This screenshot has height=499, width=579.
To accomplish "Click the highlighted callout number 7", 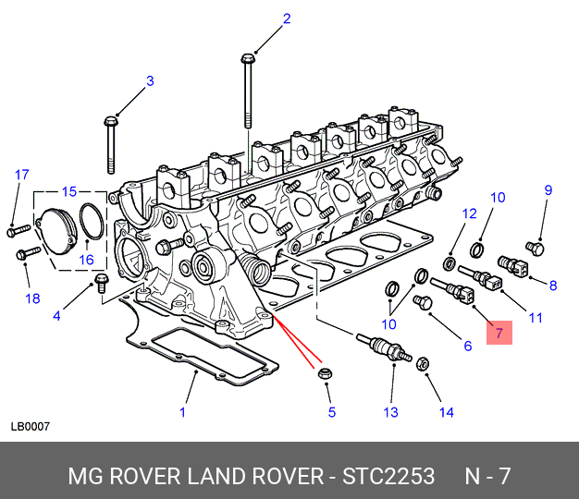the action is click(x=499, y=333).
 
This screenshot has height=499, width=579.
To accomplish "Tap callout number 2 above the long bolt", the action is click(x=287, y=18).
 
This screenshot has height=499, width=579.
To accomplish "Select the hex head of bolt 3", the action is click(x=110, y=121).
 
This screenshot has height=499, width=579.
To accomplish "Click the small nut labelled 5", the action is click(x=325, y=373).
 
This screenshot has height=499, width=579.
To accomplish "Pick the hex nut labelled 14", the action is click(x=423, y=364).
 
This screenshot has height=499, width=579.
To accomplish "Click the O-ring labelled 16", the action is click(x=92, y=221).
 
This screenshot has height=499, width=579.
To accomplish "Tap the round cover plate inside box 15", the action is click(x=57, y=231).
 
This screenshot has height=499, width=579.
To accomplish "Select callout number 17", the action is click(x=22, y=175).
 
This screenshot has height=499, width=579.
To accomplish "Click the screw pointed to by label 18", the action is click(x=29, y=253).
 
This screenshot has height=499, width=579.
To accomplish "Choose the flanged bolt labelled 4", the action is click(x=101, y=283).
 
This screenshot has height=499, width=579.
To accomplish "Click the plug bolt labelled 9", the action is click(x=535, y=249).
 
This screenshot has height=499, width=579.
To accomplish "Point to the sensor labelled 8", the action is click(x=512, y=266).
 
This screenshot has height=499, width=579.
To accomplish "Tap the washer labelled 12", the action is click(x=450, y=263).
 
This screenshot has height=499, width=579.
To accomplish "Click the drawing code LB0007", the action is click(x=30, y=427).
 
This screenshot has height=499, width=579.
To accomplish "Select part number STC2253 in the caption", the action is click(x=388, y=476).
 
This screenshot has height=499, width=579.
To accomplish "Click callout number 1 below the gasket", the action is click(x=182, y=412).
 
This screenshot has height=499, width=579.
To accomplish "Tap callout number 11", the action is click(x=536, y=318).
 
